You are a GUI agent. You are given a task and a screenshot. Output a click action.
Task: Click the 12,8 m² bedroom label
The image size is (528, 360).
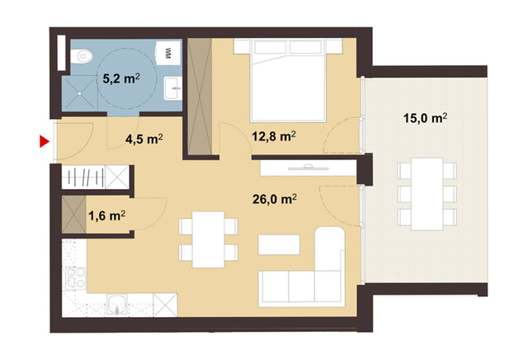click(x=274, y=137)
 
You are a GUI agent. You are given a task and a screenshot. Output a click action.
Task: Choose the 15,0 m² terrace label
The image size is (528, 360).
click(x=426, y=119)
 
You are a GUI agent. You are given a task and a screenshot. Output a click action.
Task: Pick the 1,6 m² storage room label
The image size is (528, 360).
click(x=106, y=216)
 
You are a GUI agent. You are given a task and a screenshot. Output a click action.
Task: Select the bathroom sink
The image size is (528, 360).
click(x=172, y=85)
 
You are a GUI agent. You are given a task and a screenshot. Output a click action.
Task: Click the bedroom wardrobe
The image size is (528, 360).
click(x=198, y=95)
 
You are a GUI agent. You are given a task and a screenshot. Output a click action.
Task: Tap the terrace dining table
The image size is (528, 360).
click(x=426, y=195)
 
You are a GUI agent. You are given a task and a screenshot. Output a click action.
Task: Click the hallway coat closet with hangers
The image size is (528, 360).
click(x=95, y=178)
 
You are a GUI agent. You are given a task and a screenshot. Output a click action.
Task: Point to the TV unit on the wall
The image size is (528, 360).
click(x=308, y=168)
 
